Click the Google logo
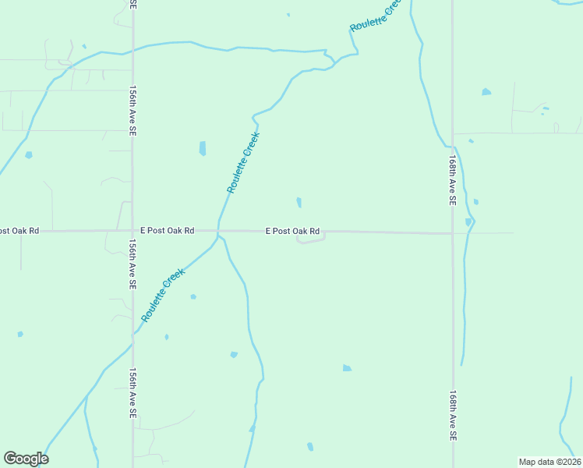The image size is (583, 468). click(x=26, y=459)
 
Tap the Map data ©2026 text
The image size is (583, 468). click(x=549, y=461)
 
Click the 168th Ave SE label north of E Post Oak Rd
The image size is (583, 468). click(x=452, y=179)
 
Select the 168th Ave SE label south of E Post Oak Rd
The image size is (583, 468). click(x=452, y=417)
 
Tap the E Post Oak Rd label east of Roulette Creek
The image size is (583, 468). click(x=293, y=231)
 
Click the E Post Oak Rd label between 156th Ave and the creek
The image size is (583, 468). click(x=168, y=231)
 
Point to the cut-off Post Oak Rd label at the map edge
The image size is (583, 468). click(x=19, y=231)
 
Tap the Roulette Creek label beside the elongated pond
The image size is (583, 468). click(x=243, y=162)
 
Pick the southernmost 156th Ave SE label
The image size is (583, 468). click(x=132, y=393)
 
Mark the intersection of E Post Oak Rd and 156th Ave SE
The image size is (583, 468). click(x=132, y=231)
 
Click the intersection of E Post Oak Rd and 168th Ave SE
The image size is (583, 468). click(x=452, y=232)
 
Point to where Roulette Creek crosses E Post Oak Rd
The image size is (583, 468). click(x=217, y=231)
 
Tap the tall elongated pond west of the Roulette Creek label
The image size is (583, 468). click(x=203, y=148)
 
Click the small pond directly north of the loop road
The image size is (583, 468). click(x=299, y=203)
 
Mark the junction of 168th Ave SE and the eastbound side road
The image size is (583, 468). click(x=453, y=133)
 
